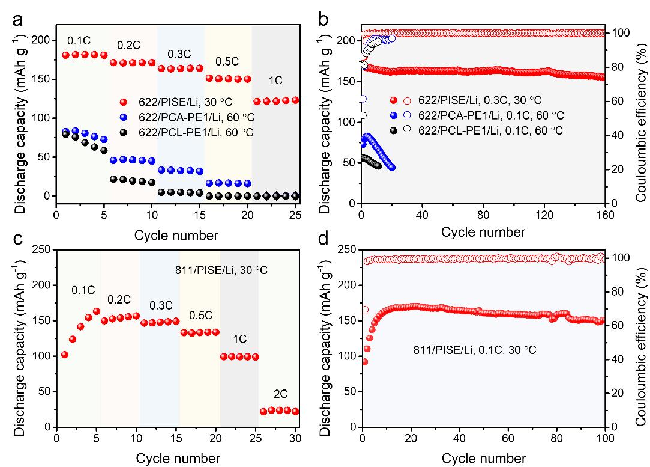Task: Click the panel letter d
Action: pos(323,240)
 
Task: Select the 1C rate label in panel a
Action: pos(275,79)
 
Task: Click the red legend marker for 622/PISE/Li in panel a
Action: pos(124,103)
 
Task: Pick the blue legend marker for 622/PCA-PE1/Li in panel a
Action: pos(124,118)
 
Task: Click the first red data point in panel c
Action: pos(65,355)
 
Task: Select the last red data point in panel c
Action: pos(295,412)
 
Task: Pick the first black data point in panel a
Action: pos(66,134)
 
